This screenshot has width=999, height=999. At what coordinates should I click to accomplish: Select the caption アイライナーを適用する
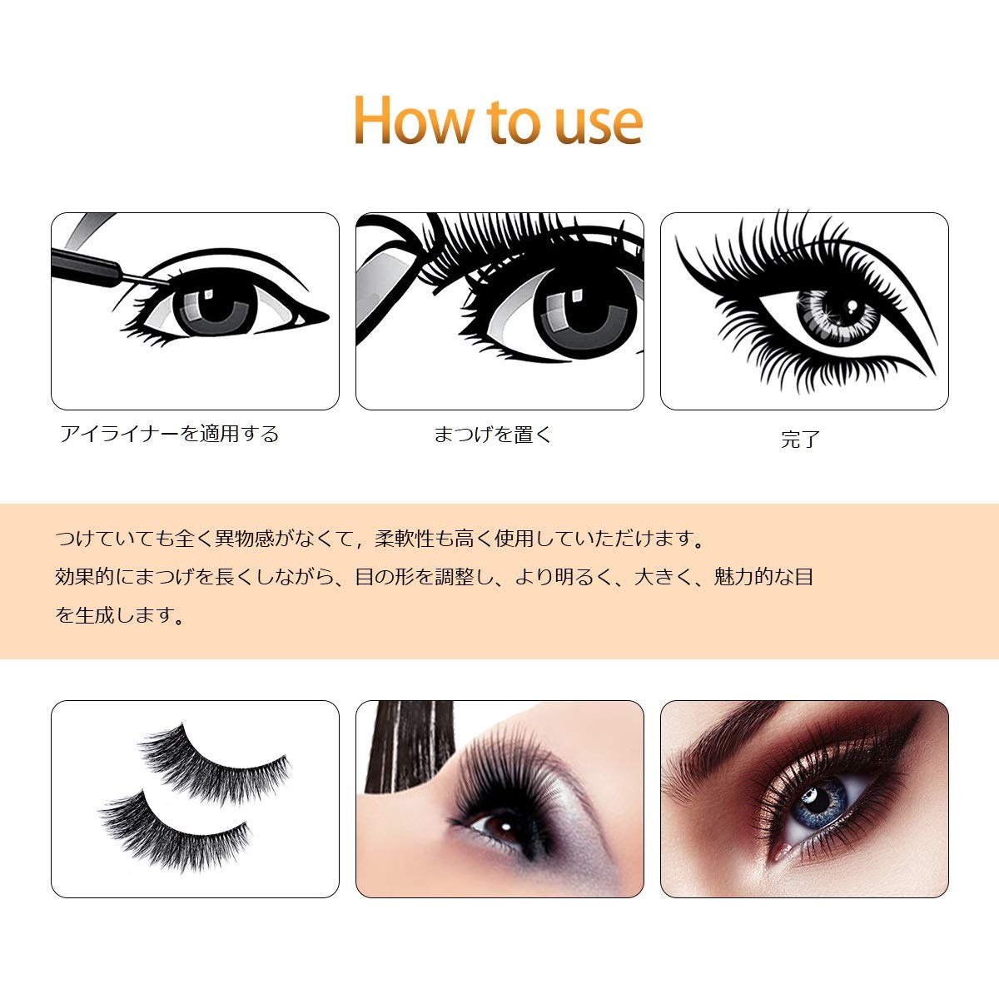170,434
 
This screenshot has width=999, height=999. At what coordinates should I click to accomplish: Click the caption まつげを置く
493,434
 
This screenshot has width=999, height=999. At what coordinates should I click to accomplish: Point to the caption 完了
801,439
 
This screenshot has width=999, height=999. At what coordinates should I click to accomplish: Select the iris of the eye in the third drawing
837,315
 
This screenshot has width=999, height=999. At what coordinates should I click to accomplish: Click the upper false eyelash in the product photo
215,763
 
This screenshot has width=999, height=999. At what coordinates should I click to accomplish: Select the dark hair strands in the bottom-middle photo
410,747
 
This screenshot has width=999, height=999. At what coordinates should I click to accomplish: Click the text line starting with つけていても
380,539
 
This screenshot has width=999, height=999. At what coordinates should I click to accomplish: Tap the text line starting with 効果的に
434,577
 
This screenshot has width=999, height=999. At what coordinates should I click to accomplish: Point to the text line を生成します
120,615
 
